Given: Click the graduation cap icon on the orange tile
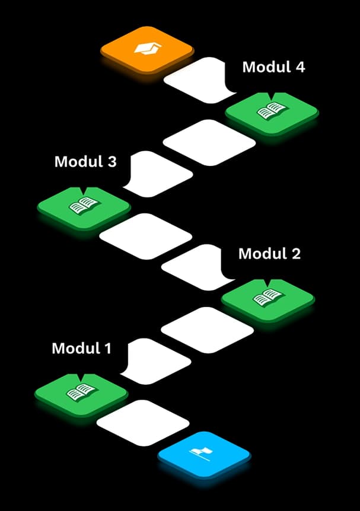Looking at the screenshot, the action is click(148, 49).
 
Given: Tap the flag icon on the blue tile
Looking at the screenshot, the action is click(201, 453).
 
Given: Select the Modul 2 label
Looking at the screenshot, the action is click(269, 254).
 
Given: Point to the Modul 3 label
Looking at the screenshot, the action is click(85, 161).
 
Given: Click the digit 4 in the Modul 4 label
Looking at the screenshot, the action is click(300, 67).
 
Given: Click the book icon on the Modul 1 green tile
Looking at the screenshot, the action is click(81, 392).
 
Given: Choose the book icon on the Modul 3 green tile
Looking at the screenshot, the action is click(84, 205).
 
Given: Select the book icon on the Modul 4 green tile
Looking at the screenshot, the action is click(272, 111).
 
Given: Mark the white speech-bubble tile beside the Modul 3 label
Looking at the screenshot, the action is click(158, 174).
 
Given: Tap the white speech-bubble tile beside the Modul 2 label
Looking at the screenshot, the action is click(197, 267).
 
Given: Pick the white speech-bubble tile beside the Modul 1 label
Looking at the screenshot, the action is click(156, 361).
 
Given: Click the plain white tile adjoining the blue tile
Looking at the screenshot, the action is click(143, 423).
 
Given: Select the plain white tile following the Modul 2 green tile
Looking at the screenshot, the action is click(208, 330).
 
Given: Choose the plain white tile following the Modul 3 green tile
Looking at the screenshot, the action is click(146, 237).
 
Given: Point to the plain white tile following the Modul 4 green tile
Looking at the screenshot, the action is click(209, 143).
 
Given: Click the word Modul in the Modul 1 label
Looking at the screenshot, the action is click(76, 348).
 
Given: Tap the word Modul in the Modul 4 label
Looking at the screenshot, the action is click(266, 67).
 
